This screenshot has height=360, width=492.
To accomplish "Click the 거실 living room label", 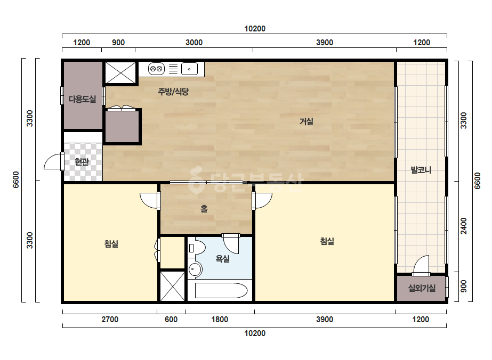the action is coord(307,121).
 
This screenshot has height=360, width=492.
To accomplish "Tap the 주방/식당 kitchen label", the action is coord(173,92).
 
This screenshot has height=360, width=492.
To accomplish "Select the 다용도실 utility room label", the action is coord(83,99).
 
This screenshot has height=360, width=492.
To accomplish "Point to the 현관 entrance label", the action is coord(82,162).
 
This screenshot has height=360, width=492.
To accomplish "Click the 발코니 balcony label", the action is coord(421,170).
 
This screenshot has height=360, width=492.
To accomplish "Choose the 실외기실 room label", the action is coord(422,288).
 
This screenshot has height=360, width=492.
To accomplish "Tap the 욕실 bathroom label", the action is coord(222,259).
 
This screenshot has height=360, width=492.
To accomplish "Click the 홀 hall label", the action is coord(204,209).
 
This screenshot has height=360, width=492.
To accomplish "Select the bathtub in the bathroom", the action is coord(221,291).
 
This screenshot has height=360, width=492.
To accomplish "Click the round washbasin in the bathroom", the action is coord(195,269).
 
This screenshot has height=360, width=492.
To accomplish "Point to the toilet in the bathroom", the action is coord(196,248).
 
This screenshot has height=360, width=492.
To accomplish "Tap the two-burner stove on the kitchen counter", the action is coord(156,69).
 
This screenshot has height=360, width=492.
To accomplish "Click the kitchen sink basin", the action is coord(189,69).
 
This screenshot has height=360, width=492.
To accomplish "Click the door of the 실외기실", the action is coord(421,266).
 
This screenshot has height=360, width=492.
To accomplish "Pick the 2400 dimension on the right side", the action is coord(464,226).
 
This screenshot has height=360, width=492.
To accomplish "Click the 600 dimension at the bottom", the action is coord(171,320).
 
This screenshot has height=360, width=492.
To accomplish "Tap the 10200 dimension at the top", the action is coord(255,29).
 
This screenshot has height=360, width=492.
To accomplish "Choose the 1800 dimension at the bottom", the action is coord(220,320).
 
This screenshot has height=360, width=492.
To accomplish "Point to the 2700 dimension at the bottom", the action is coord(110,320).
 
